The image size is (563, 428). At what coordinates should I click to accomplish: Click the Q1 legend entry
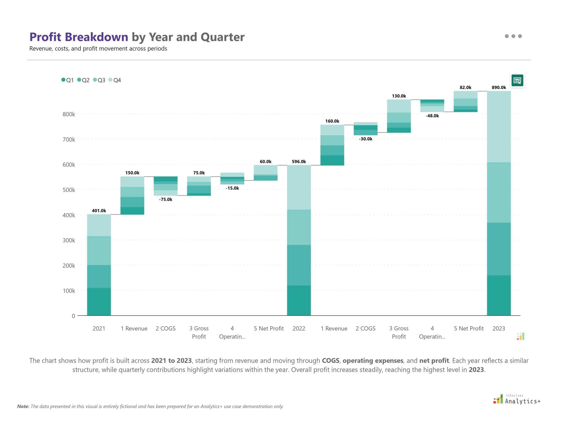(68, 80)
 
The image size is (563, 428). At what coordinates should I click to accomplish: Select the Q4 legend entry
(115, 80)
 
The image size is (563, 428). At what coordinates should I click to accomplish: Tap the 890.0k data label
(499, 87)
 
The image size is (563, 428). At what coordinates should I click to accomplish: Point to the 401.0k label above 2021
(99, 211)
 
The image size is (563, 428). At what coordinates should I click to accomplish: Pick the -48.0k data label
(432, 116)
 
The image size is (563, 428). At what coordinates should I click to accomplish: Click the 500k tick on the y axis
(69, 190)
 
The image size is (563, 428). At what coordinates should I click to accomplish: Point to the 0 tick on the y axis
(73, 316)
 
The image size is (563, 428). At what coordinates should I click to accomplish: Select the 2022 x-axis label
(299, 328)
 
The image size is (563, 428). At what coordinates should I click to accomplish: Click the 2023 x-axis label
(499, 328)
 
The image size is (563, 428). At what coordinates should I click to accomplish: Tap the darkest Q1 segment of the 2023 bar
(499, 296)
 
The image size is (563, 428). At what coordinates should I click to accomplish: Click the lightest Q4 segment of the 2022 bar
(299, 187)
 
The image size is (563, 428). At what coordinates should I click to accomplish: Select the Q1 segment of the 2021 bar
(99, 302)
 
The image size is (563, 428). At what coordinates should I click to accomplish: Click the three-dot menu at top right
(513, 36)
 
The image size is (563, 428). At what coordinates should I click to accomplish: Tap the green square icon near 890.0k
(517, 81)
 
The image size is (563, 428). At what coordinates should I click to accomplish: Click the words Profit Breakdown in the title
(79, 37)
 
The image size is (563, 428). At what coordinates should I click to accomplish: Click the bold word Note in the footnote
(23, 407)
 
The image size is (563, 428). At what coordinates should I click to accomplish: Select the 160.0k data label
(332, 121)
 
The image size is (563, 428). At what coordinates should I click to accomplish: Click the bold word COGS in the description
(330, 361)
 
